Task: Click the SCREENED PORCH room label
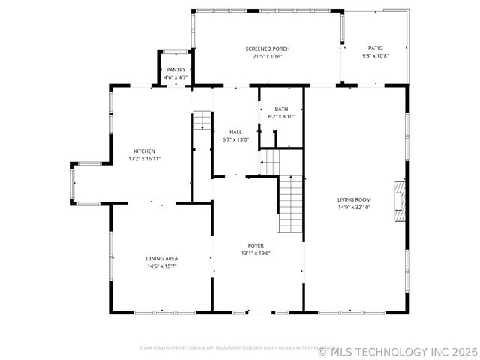[268, 49]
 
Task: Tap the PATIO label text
[375, 49]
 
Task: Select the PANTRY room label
[175, 70]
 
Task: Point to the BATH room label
[281, 109]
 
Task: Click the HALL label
[235, 132]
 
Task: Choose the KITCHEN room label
[145, 151]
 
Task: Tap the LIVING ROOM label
[354, 199]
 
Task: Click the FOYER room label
[256, 245]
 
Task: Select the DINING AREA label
[162, 259]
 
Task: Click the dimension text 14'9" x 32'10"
[354, 207]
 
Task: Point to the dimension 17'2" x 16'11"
[145, 158]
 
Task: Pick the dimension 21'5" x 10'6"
[268, 56]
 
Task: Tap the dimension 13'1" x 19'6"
[256, 253]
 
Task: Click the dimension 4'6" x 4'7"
[175, 77]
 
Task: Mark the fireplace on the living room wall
[400, 201]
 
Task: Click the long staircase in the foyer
[291, 203]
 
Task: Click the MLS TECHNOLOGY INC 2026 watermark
[397, 350]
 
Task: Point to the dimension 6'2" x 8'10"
[281, 116]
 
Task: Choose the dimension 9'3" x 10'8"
[375, 56]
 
